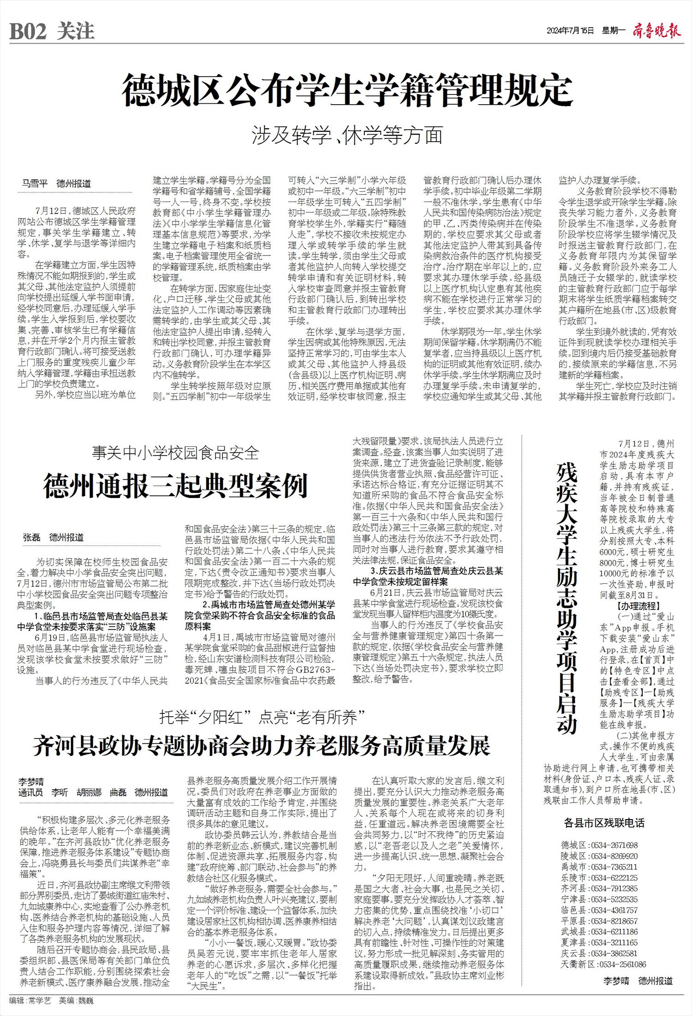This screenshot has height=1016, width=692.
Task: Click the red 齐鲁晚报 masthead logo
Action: pos(656,31)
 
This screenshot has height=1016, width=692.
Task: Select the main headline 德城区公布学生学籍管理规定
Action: pos(347,91)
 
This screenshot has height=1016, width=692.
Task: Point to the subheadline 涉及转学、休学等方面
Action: pos(347,135)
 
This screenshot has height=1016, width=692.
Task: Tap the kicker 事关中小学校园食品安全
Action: pos(175,453)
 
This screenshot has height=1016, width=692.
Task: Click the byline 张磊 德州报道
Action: pos(54,537)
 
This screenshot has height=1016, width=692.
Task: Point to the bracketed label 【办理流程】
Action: pos(638,606)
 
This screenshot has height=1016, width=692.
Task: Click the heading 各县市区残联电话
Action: pos(604,822)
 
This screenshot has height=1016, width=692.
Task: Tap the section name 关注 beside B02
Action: pos(76,32)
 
